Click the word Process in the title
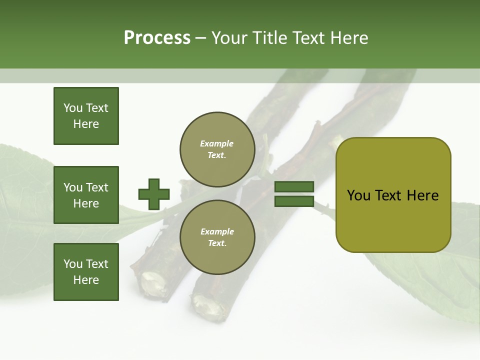tap(157, 38)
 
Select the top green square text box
tap(86, 116)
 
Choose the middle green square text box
tap(86, 195)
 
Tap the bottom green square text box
tap(86, 272)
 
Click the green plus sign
tap(154, 194)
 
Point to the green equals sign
tap(294, 194)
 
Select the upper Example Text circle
tap(217, 149)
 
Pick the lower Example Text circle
tap(217, 237)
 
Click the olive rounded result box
tap(393, 195)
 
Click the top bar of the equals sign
tap(294, 187)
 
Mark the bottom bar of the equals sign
tap(294, 201)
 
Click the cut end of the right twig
tap(206, 304)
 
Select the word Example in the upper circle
tap(217, 144)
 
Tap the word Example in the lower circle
tap(217, 232)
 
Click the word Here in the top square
tap(86, 124)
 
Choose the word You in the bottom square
tap(73, 264)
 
